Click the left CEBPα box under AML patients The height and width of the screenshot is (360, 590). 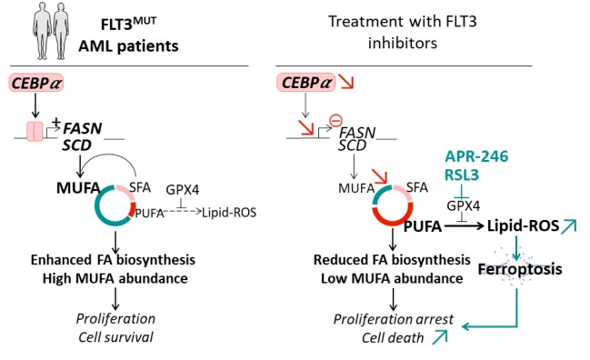click(36, 83)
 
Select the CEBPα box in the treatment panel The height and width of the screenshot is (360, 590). click(306, 83)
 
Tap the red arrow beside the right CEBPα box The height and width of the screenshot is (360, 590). click(345, 82)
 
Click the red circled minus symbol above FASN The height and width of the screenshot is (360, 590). click(335, 121)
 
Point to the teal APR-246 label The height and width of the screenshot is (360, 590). click(476, 156)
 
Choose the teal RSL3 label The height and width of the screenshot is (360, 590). click(462, 175)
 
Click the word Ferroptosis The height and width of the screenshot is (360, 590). click(520, 269)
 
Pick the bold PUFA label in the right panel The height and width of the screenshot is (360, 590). click(423, 226)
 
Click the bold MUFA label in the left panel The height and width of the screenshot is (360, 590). click(78, 187)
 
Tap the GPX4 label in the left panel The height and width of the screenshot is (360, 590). click(183, 190)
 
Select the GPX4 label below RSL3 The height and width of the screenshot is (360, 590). click(464, 205)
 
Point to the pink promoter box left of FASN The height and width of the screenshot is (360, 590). click(35, 131)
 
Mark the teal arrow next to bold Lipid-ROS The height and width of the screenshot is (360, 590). click(568, 226)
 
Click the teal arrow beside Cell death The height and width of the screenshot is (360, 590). click(439, 336)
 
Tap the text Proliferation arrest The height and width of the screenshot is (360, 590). click(394, 319)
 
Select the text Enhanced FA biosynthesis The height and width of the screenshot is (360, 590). click(113, 260)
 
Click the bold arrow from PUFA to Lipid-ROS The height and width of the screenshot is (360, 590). click(464, 226)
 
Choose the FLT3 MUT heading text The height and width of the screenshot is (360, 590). click(128, 24)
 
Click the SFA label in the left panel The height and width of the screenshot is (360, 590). click(140, 187)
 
